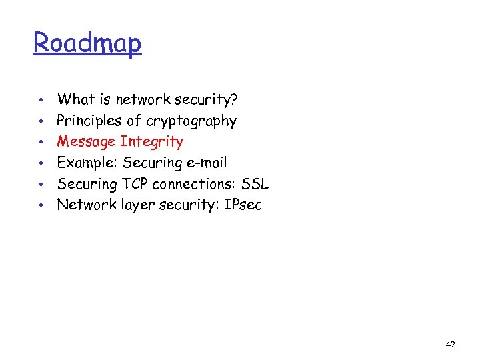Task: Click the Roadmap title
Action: [87, 43]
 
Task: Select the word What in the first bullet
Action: [75, 100]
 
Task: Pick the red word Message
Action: [86, 142]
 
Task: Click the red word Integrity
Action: [151, 142]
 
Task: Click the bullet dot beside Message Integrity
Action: [41, 143]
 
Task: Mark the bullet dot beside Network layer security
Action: [41, 205]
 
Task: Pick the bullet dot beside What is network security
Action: [41, 101]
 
